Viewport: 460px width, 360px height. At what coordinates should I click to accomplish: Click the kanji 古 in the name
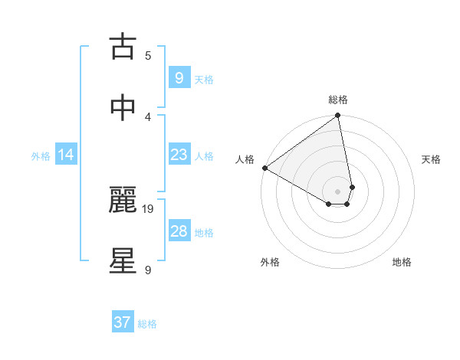pos(123,47)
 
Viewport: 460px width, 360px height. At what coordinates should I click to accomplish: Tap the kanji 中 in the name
pos(123,109)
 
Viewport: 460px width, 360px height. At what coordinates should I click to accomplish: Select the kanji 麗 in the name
pos(123,201)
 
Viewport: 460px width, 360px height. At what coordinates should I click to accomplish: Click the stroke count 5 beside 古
pos(148,55)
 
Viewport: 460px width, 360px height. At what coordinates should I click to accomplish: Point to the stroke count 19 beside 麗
pos(149,208)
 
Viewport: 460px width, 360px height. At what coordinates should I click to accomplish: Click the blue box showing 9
pos(179,77)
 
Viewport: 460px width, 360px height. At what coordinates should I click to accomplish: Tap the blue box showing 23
pos(179,155)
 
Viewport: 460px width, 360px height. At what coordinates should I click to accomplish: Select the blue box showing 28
pos(179,231)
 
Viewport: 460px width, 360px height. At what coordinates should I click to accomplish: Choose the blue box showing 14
pos(66,155)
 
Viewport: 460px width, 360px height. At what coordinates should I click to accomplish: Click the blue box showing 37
pos(122,322)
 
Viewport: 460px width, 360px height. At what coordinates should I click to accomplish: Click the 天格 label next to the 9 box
pos(204,79)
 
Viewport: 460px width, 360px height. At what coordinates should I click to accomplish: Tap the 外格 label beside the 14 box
pos(41,156)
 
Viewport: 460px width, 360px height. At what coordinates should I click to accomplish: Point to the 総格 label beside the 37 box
pos(147,324)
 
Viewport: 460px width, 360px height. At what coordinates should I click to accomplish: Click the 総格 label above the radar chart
pos(338,100)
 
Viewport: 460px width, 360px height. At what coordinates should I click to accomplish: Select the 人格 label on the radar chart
pos(245,159)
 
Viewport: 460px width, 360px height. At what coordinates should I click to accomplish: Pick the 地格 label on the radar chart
pos(402,262)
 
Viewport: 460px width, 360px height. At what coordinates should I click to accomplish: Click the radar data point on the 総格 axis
pos(338,116)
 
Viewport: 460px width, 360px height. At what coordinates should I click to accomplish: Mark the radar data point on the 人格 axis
pos(264,168)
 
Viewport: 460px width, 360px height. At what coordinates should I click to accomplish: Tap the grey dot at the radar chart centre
pos(337,191)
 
